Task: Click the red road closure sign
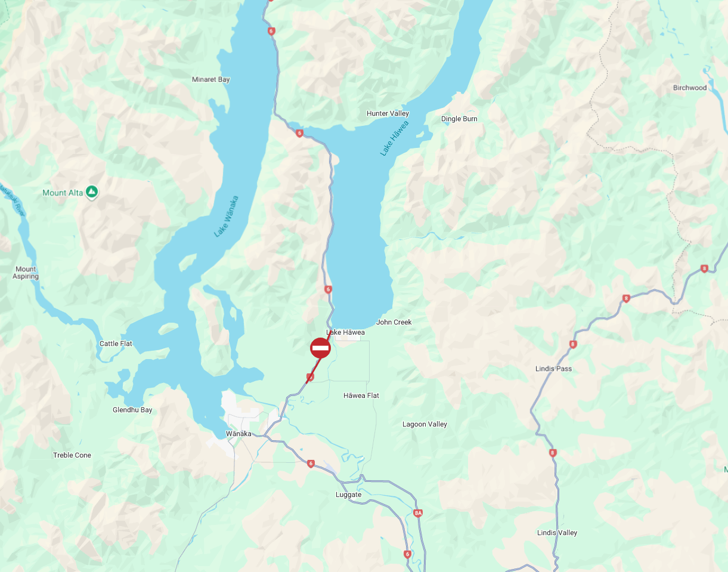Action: tap(320, 348)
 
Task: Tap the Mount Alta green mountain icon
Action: tap(91, 192)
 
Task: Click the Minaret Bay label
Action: tap(210, 79)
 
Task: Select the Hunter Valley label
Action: tap(388, 113)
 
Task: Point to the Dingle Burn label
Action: tap(459, 119)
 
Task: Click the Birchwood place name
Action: tap(689, 88)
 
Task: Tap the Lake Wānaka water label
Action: tap(226, 217)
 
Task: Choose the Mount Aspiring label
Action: tap(26, 273)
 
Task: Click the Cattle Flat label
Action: tap(116, 344)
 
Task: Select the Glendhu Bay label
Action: tap(132, 410)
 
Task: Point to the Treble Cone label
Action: tap(72, 455)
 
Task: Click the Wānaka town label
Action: tap(238, 434)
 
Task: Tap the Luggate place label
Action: tap(348, 495)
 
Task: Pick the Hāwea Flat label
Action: tap(361, 395)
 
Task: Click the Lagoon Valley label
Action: tap(425, 424)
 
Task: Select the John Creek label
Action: tap(394, 322)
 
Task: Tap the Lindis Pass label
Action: tap(553, 369)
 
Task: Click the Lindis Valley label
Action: tap(557, 533)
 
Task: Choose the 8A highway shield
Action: tap(418, 513)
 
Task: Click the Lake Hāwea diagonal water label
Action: tap(395, 138)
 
